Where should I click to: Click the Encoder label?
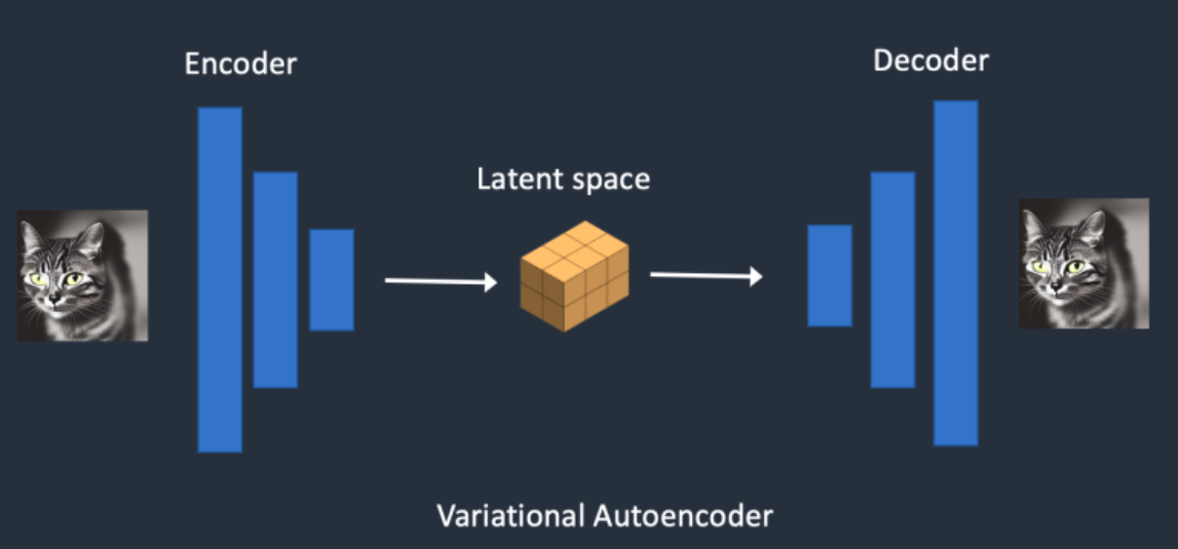[241, 65]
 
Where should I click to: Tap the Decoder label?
[931, 60]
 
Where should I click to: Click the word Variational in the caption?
[510, 515]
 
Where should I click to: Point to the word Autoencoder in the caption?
[682, 515]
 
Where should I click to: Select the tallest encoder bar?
[219, 280]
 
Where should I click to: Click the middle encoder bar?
[276, 280]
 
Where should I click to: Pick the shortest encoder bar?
[331, 280]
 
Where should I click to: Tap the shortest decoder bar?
[829, 276]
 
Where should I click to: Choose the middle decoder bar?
[893, 280]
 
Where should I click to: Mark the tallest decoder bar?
[955, 273]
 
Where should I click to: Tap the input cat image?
[83, 276]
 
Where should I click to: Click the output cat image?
[1083, 263]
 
